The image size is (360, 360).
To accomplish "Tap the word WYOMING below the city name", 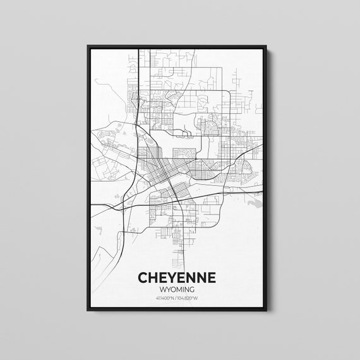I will click(x=177, y=290).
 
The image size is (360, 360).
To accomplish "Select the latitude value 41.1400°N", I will click(x=165, y=298).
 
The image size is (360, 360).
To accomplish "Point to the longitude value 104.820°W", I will click(x=188, y=298).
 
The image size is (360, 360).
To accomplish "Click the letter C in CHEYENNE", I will click(x=142, y=279).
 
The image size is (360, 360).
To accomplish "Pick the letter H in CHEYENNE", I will click(x=153, y=279).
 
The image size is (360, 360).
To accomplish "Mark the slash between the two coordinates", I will click(x=176, y=298).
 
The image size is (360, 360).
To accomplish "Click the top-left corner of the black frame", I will click(x=88, y=46).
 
